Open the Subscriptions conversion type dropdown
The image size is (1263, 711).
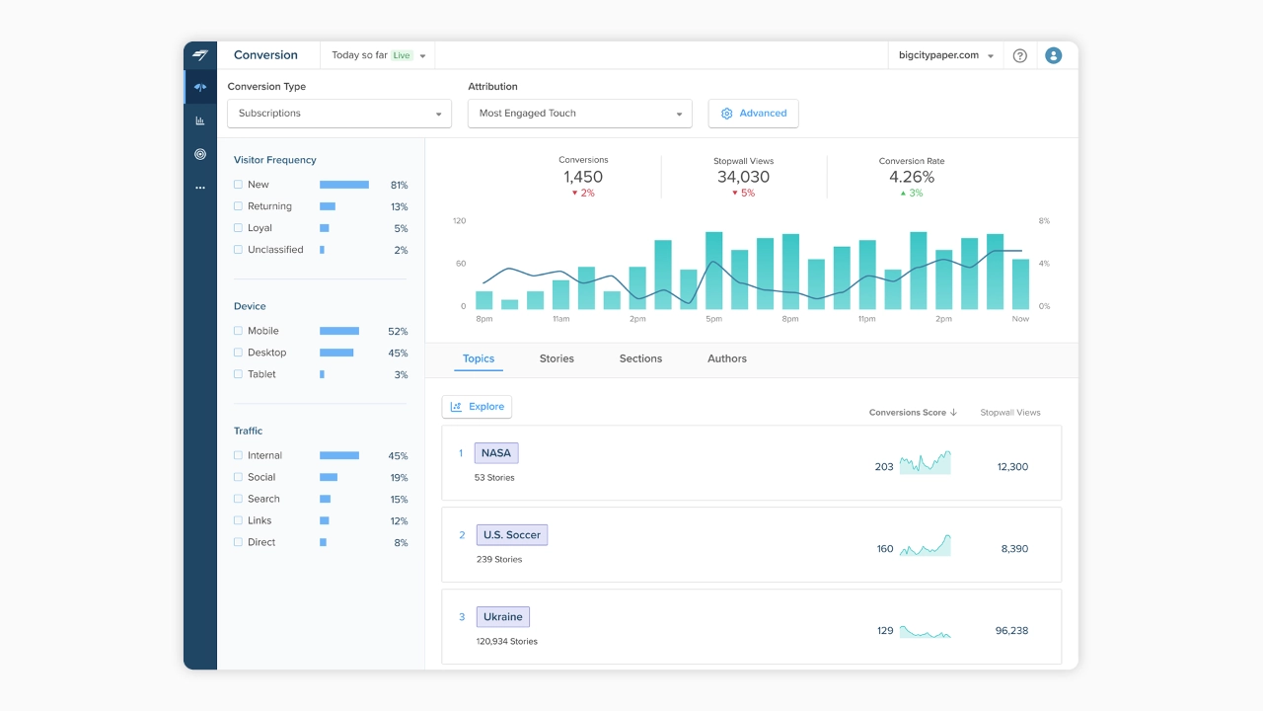point(338,114)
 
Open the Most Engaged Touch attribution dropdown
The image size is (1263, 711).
point(579,114)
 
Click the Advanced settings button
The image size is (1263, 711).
point(753,114)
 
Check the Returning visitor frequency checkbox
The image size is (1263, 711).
point(238,206)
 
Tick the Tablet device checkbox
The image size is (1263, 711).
point(238,374)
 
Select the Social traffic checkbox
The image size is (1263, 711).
point(238,477)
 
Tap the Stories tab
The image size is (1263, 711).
point(557,358)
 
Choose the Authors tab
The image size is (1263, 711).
point(727,358)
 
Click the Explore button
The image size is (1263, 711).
point(477,407)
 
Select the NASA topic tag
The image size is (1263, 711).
point(496,453)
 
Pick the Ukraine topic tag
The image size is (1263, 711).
point(503,617)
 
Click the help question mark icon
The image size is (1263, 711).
point(1019,55)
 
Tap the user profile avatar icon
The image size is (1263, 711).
point(1053,55)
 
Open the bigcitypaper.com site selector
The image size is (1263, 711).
point(945,55)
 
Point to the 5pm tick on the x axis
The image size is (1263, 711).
point(713,319)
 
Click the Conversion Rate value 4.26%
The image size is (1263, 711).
point(912,177)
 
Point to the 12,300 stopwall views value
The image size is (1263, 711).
point(1012,467)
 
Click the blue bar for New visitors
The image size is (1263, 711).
point(344,185)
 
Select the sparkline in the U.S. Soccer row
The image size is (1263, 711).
point(926,546)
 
